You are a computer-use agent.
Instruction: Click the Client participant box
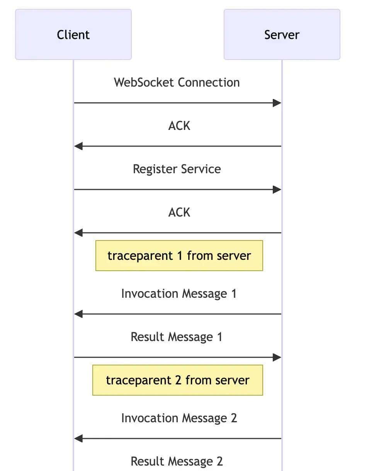point(73,34)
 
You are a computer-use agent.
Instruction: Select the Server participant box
point(282,34)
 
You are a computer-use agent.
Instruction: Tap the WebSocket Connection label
point(177,82)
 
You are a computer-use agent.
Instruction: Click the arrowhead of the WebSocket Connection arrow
point(277,103)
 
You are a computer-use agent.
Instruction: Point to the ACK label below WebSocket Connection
point(179,126)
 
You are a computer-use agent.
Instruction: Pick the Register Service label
point(177,169)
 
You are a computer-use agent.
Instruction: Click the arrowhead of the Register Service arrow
point(277,189)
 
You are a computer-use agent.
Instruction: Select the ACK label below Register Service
point(179,212)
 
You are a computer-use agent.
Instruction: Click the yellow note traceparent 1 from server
point(179,256)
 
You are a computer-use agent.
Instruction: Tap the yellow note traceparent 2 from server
point(177,380)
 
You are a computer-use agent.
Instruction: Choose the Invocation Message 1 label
point(178,294)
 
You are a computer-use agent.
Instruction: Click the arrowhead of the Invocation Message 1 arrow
point(78,314)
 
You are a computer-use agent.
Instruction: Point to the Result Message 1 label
point(177,337)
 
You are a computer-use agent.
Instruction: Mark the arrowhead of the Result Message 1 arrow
point(277,357)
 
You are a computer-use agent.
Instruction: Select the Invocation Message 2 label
point(179,418)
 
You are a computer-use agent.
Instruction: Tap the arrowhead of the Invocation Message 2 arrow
point(78,439)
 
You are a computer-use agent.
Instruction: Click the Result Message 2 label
point(177,461)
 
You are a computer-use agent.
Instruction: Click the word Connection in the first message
point(209,82)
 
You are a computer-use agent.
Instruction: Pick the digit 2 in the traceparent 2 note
point(178,380)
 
